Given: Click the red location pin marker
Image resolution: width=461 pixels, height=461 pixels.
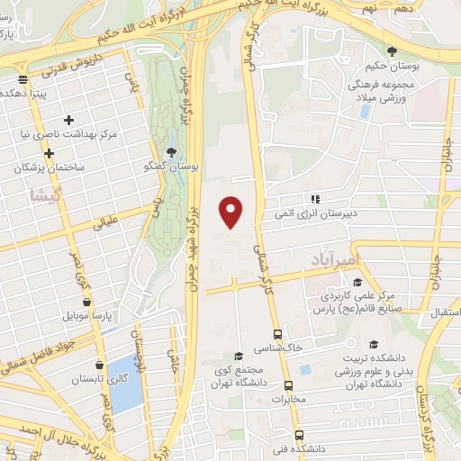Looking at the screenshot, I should pyautogui.click(x=232, y=212).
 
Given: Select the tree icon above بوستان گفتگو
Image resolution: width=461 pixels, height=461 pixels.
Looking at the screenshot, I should pyautogui.click(x=172, y=151).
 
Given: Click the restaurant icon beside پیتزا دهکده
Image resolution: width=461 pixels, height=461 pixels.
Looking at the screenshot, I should pyautogui.click(x=23, y=90).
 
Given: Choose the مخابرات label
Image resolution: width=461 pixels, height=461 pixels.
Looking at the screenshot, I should pyautogui.click(x=289, y=398).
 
